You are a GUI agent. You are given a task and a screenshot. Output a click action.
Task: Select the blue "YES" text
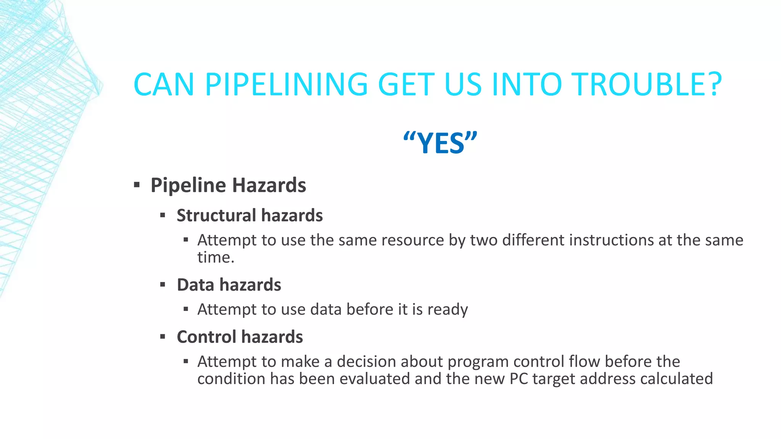(x=440, y=143)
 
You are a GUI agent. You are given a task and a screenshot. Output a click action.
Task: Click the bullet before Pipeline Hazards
(x=137, y=186)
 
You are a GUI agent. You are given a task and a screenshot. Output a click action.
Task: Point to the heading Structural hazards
(x=249, y=215)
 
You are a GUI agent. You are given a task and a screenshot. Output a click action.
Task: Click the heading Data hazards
(x=229, y=285)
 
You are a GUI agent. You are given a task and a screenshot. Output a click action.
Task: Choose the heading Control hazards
(x=239, y=337)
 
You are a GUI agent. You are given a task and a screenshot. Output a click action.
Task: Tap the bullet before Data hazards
(x=163, y=285)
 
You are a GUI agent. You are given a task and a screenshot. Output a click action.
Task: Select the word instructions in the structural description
(x=606, y=240)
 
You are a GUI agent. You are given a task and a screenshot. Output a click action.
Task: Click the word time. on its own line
(x=215, y=258)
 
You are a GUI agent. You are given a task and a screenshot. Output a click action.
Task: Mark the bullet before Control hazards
(x=163, y=337)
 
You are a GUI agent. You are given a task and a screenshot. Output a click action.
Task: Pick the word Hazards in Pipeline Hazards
(x=269, y=186)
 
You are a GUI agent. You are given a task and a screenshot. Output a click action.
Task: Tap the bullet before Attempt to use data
(x=186, y=309)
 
